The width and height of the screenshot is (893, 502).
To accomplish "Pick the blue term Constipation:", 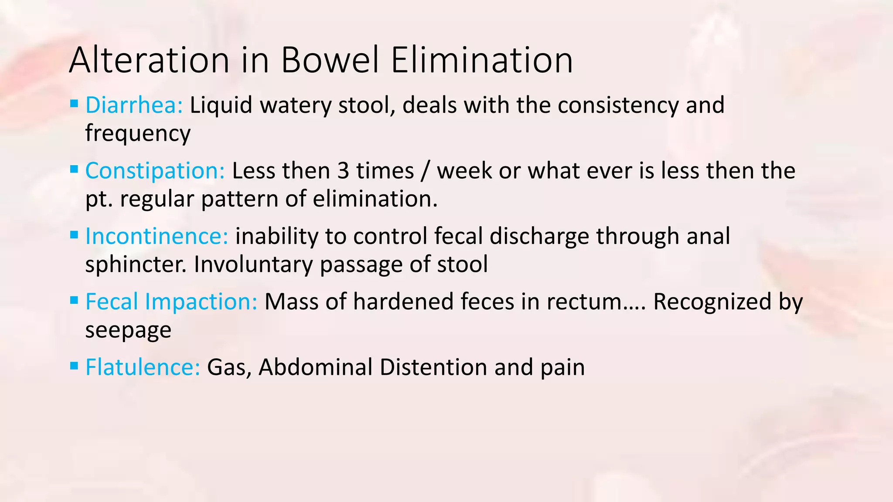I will pyautogui.click(x=155, y=171).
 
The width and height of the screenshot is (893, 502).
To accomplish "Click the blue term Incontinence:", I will pyautogui.click(x=157, y=236).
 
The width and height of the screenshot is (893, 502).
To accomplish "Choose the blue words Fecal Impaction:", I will pyautogui.click(x=171, y=302).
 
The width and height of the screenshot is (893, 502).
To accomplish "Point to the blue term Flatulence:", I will pyautogui.click(x=143, y=367).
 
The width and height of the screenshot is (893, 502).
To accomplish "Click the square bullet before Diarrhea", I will pyautogui.click(x=74, y=104).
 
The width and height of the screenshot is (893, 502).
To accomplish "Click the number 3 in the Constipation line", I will pyautogui.click(x=343, y=171).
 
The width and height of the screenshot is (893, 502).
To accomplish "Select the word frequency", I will pyautogui.click(x=138, y=133).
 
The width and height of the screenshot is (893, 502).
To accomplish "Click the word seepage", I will pyautogui.click(x=128, y=330).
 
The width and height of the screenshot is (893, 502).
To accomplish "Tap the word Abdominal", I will pyautogui.click(x=315, y=367).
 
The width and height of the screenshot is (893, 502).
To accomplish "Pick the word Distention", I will pyautogui.click(x=433, y=367).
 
